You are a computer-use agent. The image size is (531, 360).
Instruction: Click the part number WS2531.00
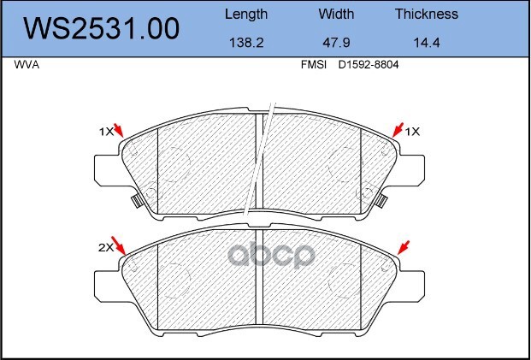(x=101, y=29)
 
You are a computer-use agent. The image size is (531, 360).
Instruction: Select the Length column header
(x=246, y=15)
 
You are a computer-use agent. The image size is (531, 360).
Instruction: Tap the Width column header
(x=336, y=14)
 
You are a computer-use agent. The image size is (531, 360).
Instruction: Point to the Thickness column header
(x=427, y=14)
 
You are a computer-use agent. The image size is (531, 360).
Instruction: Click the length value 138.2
(x=246, y=43)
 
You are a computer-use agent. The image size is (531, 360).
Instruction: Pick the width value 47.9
(x=336, y=43)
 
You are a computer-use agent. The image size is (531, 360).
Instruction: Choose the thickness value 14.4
(x=427, y=43)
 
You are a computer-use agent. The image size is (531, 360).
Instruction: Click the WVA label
(x=27, y=65)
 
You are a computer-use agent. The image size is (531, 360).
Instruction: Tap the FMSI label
(x=314, y=65)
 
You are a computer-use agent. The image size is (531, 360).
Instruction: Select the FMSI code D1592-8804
(x=369, y=65)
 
